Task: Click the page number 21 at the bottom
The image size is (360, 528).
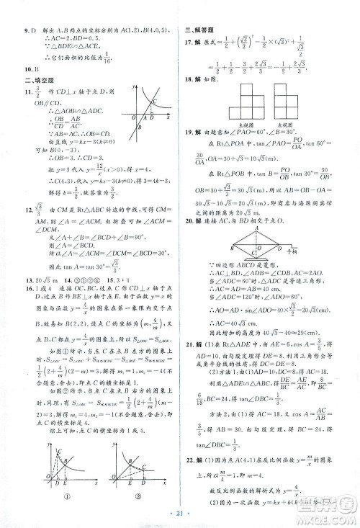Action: point(180,516)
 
